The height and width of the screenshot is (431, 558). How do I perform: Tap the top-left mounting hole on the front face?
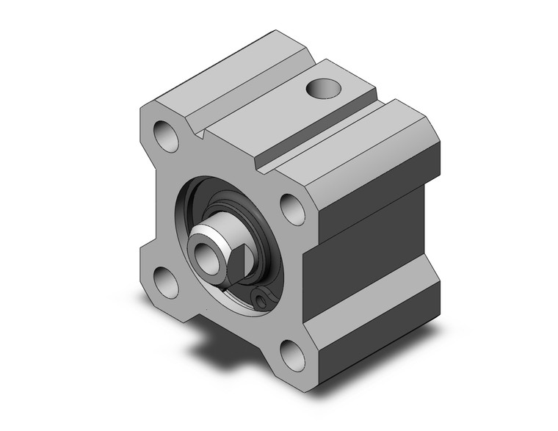[166, 136]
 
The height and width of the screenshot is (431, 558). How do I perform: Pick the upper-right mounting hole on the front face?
[292, 209]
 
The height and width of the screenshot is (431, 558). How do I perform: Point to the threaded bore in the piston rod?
[203, 254]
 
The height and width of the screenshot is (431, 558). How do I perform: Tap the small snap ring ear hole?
[262, 297]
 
